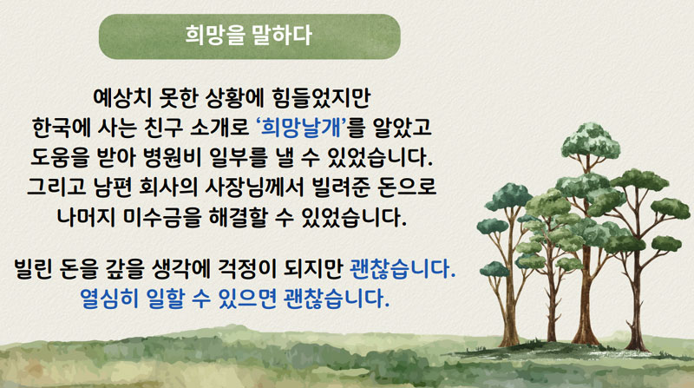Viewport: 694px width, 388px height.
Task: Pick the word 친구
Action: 164,128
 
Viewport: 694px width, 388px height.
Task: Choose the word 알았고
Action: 402,128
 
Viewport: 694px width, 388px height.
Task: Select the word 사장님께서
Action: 254,187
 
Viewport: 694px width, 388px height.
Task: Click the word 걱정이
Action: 246,268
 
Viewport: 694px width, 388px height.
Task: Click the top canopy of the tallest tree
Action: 591,141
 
